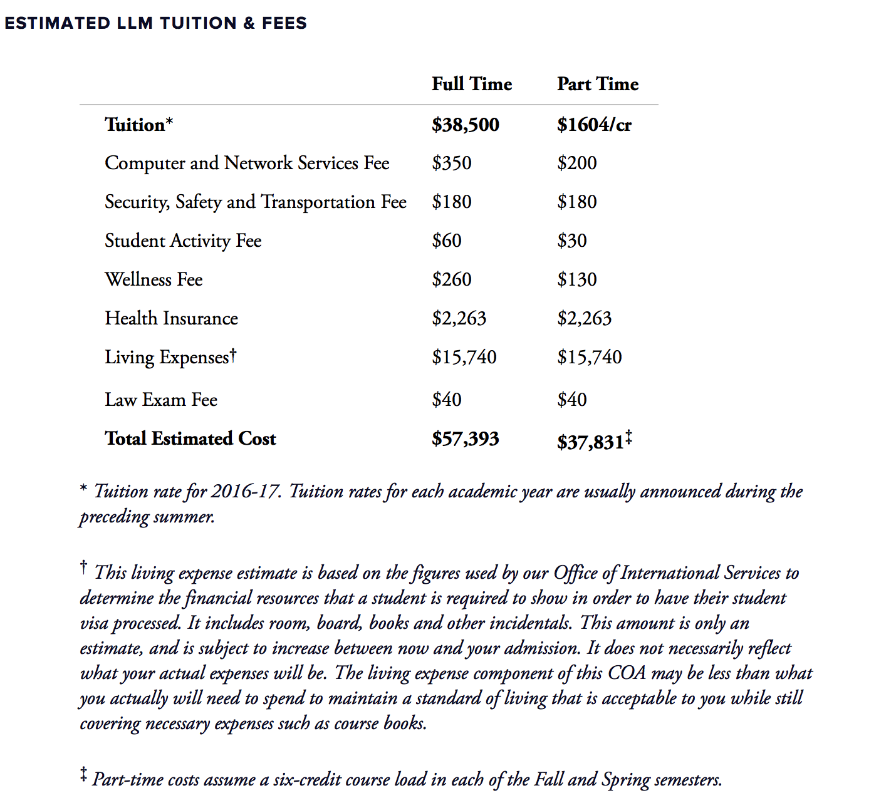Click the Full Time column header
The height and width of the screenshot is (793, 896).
[x=471, y=84]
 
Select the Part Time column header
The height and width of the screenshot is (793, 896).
[x=597, y=84]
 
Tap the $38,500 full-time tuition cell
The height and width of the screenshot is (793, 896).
[x=465, y=125]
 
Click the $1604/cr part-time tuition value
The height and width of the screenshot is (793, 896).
[x=594, y=125]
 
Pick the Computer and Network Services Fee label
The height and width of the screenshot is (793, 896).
[x=247, y=163]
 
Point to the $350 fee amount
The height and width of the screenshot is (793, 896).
[x=451, y=163]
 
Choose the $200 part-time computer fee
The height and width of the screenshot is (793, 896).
[x=576, y=163]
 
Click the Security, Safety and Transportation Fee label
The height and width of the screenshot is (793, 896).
[x=255, y=202]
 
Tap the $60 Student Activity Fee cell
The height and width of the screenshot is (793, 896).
[x=446, y=241]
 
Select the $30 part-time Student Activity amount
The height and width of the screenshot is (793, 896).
[x=571, y=241]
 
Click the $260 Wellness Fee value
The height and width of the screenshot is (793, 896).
[x=451, y=280]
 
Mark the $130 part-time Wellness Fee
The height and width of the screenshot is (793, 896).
[x=576, y=280]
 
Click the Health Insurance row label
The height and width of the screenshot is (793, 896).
[x=171, y=319]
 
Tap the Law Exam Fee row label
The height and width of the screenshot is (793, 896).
[x=161, y=400]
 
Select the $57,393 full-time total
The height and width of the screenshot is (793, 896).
[x=465, y=439]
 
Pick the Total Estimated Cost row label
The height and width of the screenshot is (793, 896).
[x=190, y=439]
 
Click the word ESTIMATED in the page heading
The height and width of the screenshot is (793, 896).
[x=58, y=23]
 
